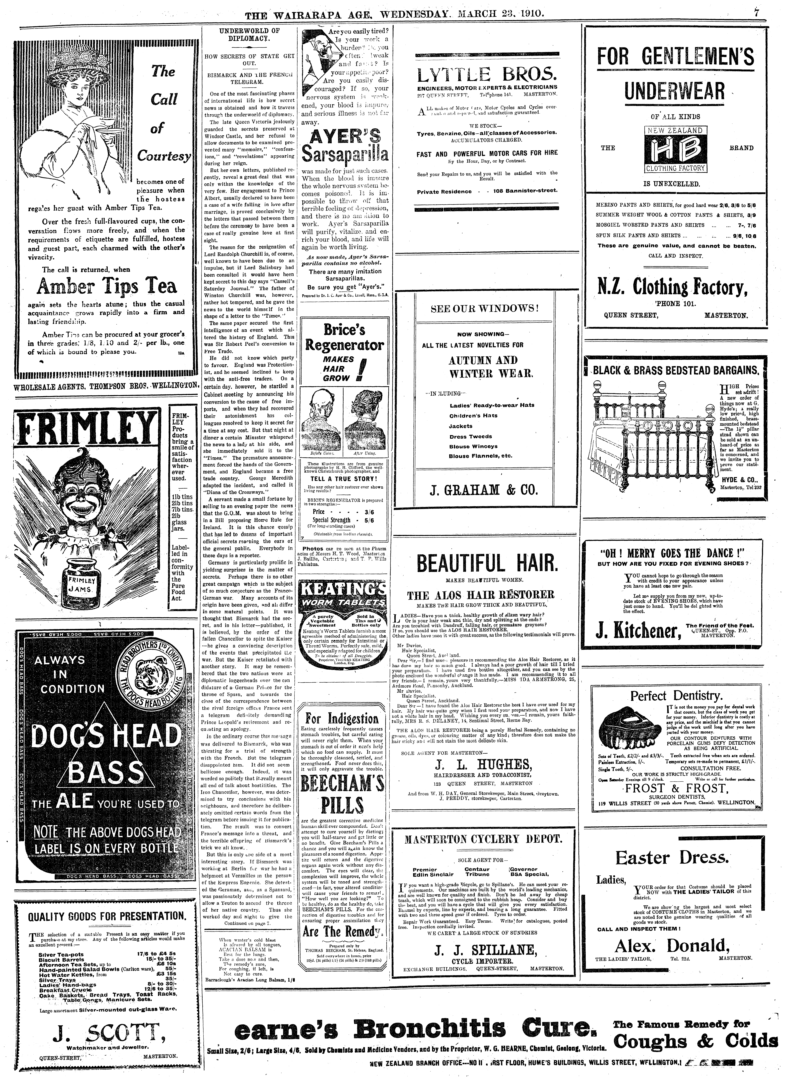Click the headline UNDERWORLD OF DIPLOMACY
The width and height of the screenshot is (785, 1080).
[x=249, y=34]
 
